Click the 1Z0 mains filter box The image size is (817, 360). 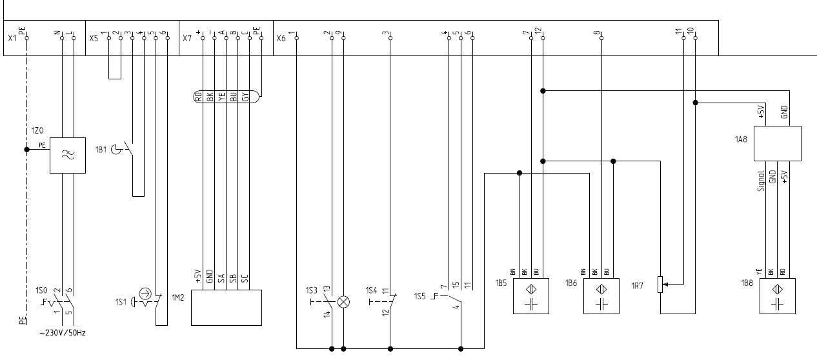[68, 155]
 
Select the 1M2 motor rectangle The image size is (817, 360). [227, 308]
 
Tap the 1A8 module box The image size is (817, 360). [778, 143]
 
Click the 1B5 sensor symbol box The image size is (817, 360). [531, 295]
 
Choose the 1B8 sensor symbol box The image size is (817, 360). [778, 295]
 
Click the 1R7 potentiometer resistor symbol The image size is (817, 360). [660, 284]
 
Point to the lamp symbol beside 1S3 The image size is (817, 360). [344, 301]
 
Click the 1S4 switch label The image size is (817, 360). [370, 289]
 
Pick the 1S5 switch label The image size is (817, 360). [421, 296]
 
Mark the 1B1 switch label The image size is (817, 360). [102, 150]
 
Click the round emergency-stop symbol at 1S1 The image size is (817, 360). [145, 296]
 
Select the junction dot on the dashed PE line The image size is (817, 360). [27, 150]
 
